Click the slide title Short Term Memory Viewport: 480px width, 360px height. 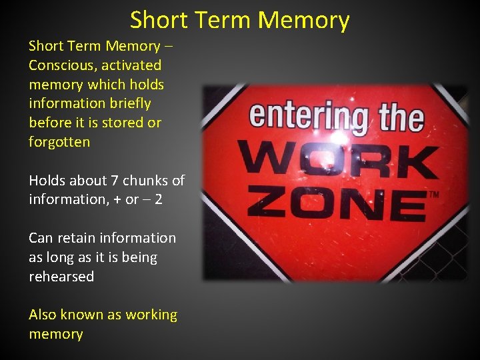(x=239, y=20)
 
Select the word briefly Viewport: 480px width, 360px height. (x=129, y=103)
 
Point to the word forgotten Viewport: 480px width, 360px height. (x=59, y=142)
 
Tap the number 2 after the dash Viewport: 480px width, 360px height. (x=158, y=200)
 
